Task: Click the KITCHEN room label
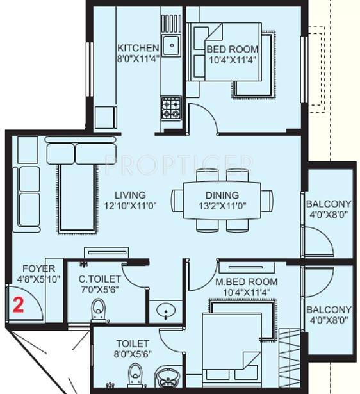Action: pos(137,48)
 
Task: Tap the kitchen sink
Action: pos(170,45)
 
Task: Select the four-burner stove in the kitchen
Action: pos(170,107)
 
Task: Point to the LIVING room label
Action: pos(130,195)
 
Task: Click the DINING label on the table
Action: pos(222,195)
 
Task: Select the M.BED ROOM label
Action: pos(246,282)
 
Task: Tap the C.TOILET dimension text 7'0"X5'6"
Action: pos(99,289)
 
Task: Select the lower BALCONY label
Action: pos(329,309)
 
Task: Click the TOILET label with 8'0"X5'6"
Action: pos(133,349)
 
